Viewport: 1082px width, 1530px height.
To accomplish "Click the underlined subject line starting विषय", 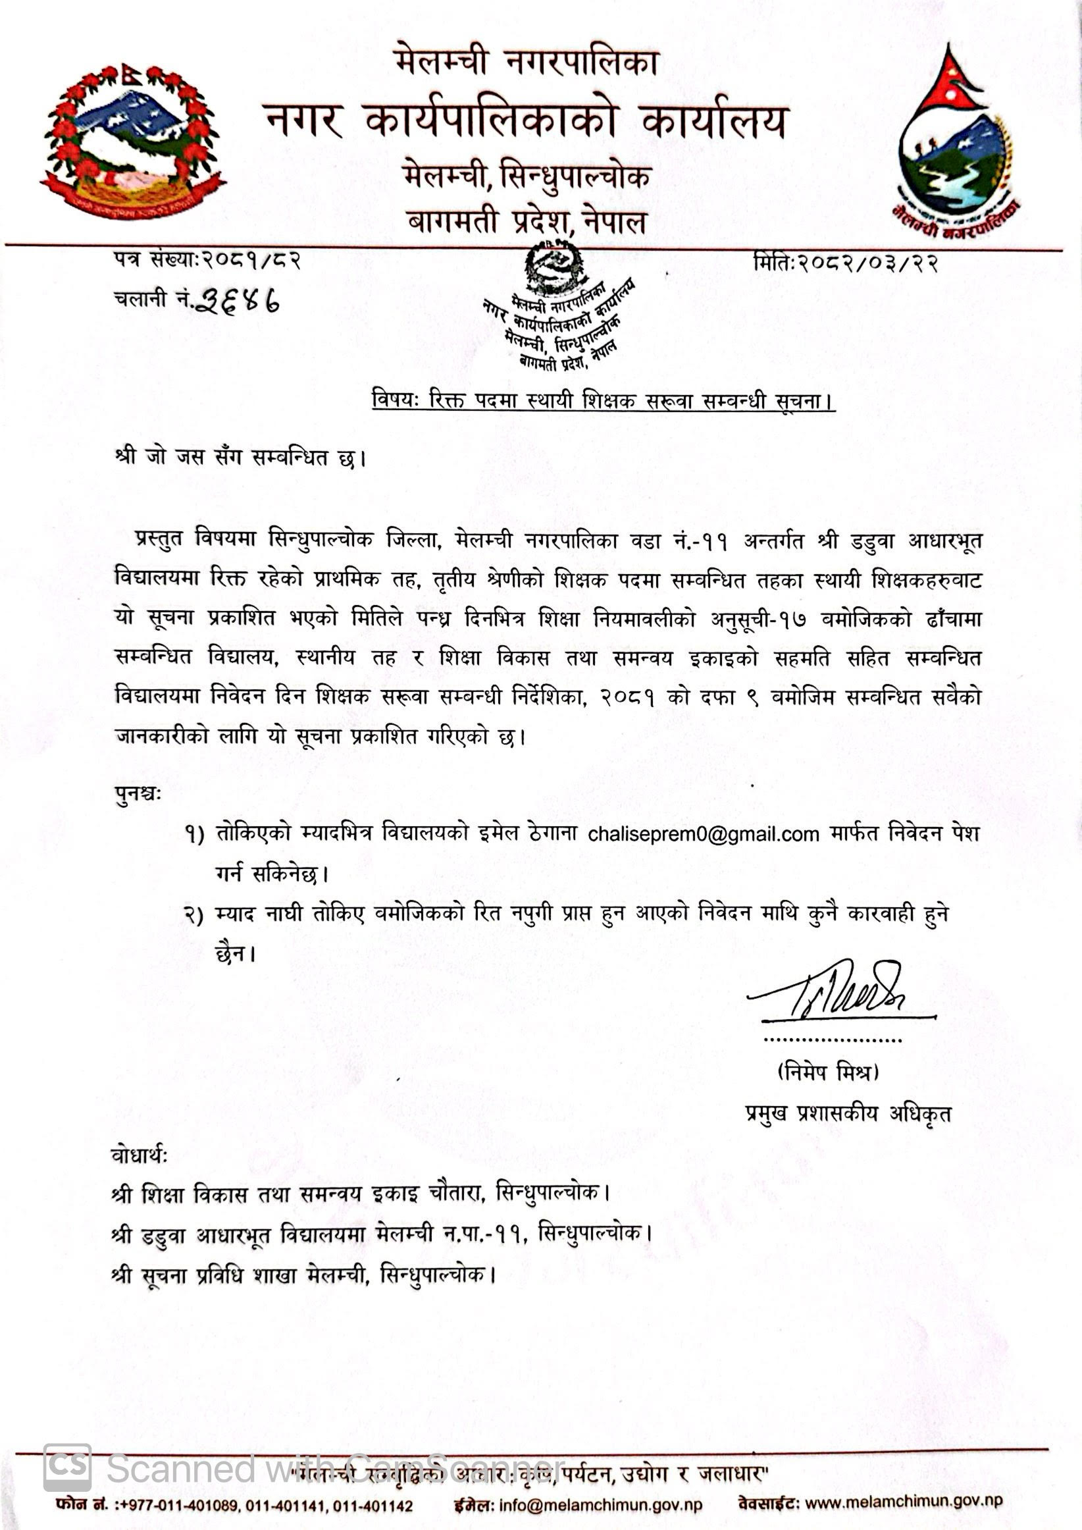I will pos(603,401).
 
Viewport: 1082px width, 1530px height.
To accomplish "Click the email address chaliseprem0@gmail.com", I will pos(703,834).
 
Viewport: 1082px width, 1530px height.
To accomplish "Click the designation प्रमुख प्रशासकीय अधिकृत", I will pos(848,1113).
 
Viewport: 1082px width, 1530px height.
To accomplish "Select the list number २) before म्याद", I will pos(194,915).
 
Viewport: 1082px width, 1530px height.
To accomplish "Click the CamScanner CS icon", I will pos(67,1467).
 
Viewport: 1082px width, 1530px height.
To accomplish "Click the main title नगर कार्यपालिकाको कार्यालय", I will pos(527,122).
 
